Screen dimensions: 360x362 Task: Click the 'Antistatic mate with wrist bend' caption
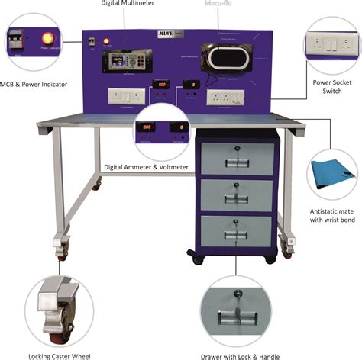(x=329, y=216)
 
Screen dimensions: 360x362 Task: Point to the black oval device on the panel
(x=227, y=59)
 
